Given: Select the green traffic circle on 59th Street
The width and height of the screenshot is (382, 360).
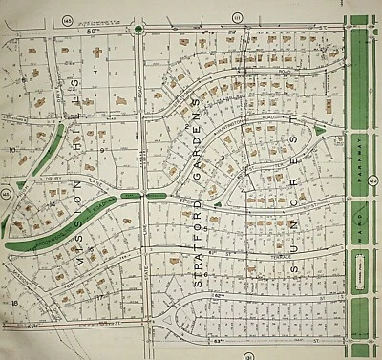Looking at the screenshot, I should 139,30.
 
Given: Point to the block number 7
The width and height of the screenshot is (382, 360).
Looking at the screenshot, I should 95,72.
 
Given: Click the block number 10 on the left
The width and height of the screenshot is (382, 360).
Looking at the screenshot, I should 12,151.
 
